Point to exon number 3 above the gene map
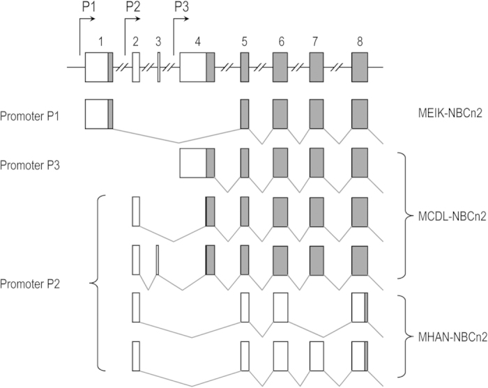tap(158, 41)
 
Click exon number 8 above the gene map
tap(359, 41)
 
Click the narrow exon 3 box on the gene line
tap(158, 67)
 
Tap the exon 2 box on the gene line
tap(136, 67)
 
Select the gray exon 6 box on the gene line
tap(280, 67)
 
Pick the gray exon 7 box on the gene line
tap(316, 67)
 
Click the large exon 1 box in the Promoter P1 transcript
tap(97, 114)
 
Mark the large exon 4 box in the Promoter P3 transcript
tap(193, 163)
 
